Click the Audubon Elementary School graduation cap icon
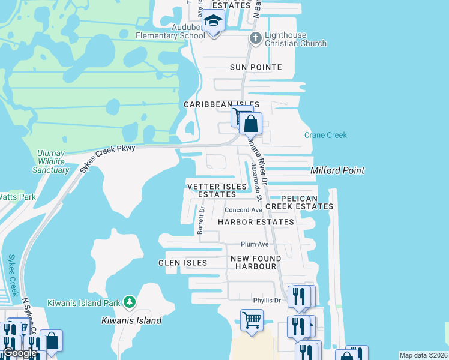coord(212,22)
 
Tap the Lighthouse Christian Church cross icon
coord(255,39)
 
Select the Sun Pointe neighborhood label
coord(255,67)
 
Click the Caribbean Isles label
coord(221,104)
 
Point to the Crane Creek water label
coord(325,135)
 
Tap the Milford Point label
coord(337,170)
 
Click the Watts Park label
coord(17,196)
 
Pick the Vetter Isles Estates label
coord(217,190)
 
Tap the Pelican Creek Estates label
coord(299,202)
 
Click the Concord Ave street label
coord(243,210)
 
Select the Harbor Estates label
coord(256,222)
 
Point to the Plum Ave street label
coord(255,244)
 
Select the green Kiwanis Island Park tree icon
coord(128,302)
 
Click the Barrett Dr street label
coord(201,221)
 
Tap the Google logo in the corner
coord(19,353)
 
